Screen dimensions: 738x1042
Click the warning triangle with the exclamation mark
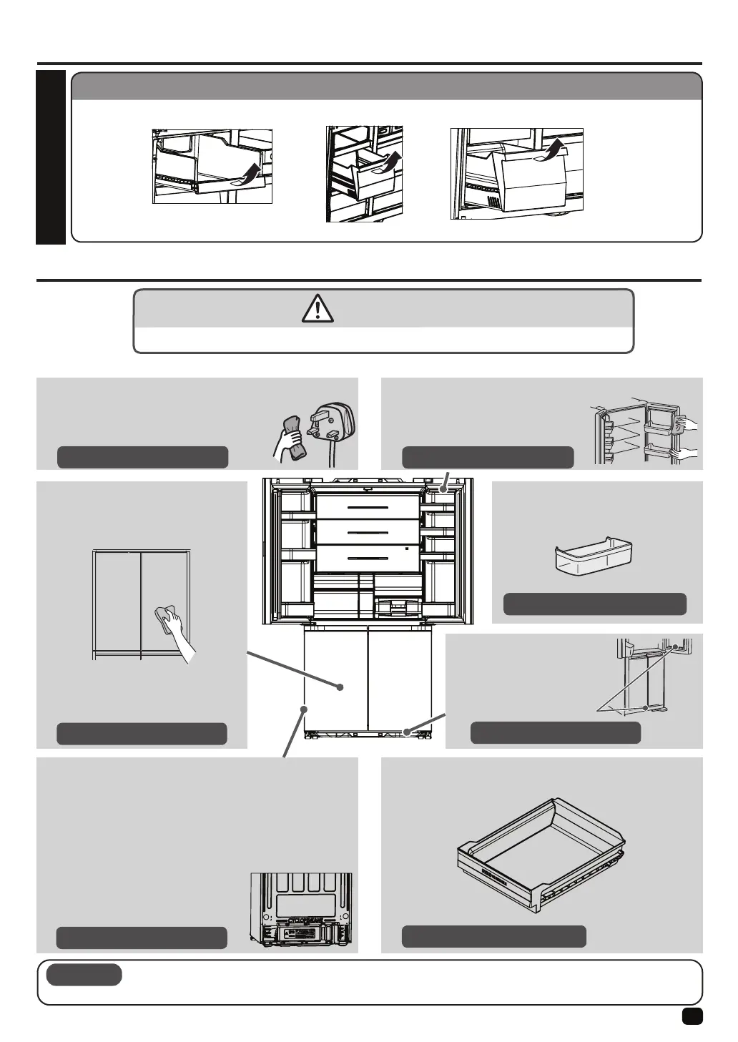(318, 308)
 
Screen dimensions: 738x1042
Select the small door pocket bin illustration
(595, 554)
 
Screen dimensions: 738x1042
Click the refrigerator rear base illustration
(301, 912)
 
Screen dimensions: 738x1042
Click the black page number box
(692, 1016)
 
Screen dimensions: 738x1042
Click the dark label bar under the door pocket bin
(595, 604)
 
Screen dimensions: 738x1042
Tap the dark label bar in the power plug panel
(142, 457)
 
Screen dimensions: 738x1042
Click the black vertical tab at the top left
(50, 157)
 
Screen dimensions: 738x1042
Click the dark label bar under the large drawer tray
(493, 936)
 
